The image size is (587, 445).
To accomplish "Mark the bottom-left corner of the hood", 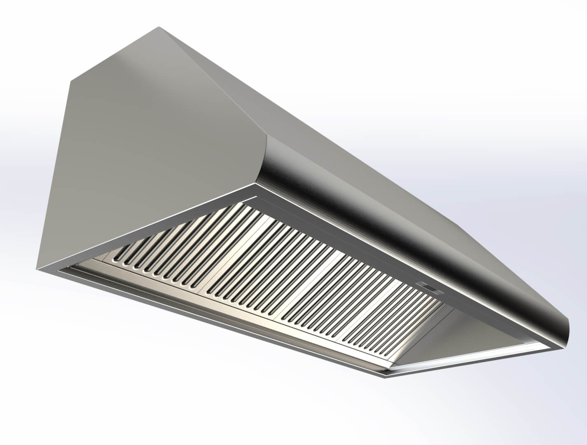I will (x=39, y=269).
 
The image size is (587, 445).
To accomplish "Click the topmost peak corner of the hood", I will (x=159, y=28).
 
